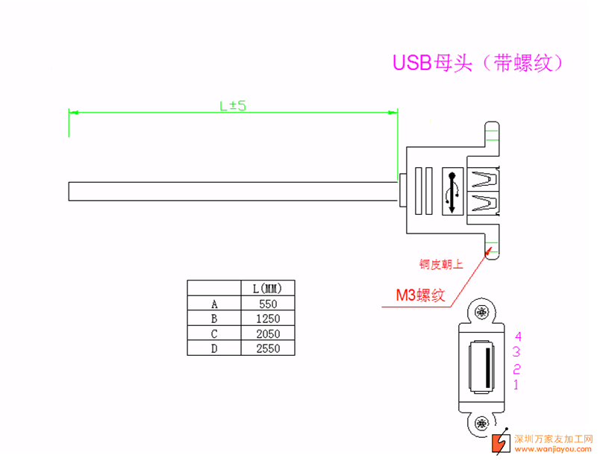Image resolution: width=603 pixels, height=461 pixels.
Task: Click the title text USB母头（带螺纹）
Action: click(x=478, y=63)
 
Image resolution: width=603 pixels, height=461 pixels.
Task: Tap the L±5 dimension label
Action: click(x=233, y=106)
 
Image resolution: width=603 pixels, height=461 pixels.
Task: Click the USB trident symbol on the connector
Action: click(x=452, y=192)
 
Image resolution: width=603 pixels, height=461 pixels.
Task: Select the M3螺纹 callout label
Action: click(x=420, y=295)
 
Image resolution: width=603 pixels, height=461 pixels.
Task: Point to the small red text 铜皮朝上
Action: click(x=441, y=263)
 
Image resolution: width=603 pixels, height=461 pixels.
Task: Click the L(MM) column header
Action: click(x=268, y=288)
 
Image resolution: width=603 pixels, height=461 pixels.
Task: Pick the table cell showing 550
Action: click(x=268, y=304)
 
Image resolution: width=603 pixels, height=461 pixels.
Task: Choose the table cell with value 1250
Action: click(x=268, y=319)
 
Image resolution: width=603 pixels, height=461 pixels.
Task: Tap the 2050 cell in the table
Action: click(x=268, y=333)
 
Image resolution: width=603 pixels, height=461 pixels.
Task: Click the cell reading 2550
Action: click(x=268, y=348)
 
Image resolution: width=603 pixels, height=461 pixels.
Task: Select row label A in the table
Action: click(x=214, y=304)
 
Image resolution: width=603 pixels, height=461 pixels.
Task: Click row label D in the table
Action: click(x=214, y=348)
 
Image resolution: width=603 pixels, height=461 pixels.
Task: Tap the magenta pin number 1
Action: click(x=516, y=384)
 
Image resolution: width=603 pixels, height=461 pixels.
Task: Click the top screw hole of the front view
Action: click(x=482, y=312)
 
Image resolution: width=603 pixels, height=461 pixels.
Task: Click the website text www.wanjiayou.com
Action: click(x=553, y=449)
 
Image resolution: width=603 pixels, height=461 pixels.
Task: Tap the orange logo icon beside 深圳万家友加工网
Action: click(x=498, y=442)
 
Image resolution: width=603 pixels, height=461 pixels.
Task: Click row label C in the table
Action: click(x=214, y=333)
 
